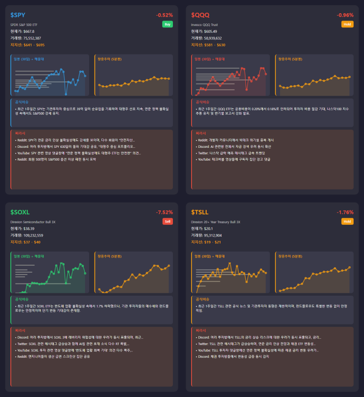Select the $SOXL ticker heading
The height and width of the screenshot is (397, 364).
[x=20, y=212]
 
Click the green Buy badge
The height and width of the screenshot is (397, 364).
[x=168, y=24]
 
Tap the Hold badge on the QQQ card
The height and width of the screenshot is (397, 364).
[x=347, y=24]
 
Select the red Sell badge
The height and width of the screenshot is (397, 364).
[x=168, y=221]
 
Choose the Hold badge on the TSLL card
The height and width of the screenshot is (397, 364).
[x=347, y=221]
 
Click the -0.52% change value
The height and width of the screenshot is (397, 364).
[x=164, y=15]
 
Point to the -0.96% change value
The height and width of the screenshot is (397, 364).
[x=345, y=15]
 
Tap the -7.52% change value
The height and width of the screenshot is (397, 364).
[x=164, y=212]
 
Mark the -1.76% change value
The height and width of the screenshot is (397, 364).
[x=345, y=212]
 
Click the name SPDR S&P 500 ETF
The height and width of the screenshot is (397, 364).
[x=24, y=24]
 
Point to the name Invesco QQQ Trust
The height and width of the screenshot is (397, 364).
[x=204, y=24]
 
